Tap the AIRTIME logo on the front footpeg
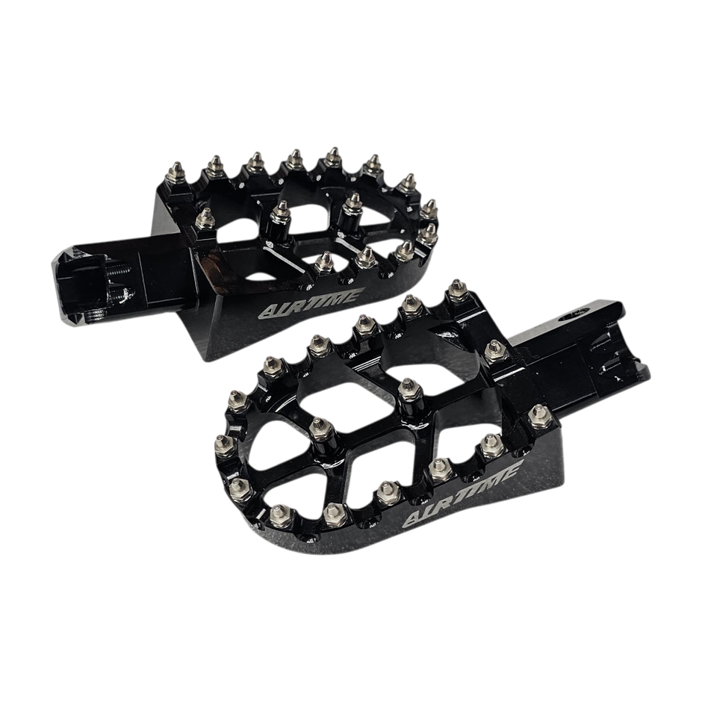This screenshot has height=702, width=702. pyautogui.click(x=460, y=494)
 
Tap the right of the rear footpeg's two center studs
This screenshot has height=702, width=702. pyautogui.click(x=352, y=204)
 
